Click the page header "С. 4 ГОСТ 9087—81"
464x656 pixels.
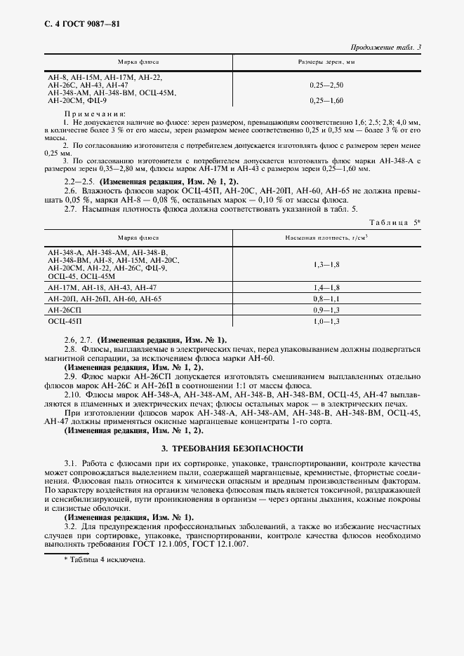pyautogui.click(x=74, y=24)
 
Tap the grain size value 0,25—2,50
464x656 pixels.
pyautogui.click(x=326, y=85)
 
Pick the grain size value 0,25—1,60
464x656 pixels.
pyautogui.click(x=326, y=101)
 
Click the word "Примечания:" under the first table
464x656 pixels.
pyautogui.click(x=95, y=113)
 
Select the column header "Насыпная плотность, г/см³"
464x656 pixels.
pyautogui.click(x=326, y=238)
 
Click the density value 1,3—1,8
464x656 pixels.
pyautogui.click(x=326, y=264)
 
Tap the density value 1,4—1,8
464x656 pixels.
pyautogui.click(x=326, y=287)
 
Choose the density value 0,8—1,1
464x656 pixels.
pyautogui.click(x=326, y=299)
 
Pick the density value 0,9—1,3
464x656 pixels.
pyautogui.click(x=326, y=309)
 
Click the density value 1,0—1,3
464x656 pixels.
pyautogui.click(x=326, y=320)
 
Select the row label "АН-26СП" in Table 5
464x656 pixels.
pyautogui.click(x=65, y=309)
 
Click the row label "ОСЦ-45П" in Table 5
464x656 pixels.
pyautogui.click(x=65, y=320)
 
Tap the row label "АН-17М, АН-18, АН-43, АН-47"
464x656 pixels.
pyautogui.click(x=102, y=287)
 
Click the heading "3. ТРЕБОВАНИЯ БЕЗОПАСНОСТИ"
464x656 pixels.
pyautogui.click(x=232, y=448)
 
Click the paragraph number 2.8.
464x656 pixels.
pyautogui.click(x=70, y=349)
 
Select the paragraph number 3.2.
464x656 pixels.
pyautogui.click(x=70, y=525)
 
